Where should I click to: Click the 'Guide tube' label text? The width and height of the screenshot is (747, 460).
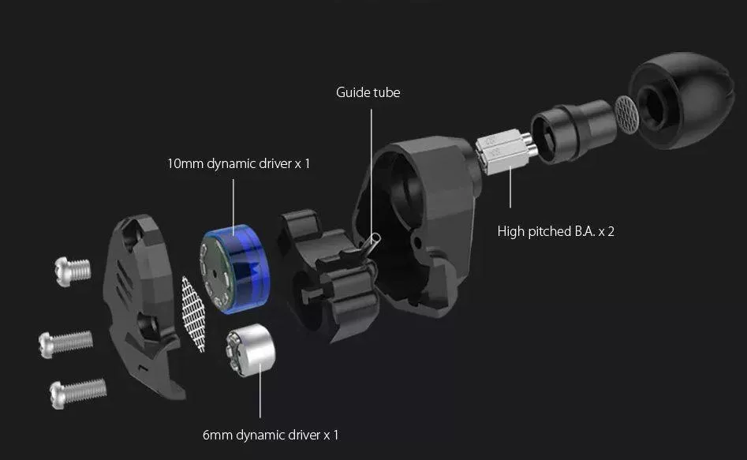tap(368, 92)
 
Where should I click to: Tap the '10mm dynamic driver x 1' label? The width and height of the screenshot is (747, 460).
tap(238, 163)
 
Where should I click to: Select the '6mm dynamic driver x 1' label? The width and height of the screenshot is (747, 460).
tap(270, 435)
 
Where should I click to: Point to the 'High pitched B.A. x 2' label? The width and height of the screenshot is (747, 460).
tap(555, 231)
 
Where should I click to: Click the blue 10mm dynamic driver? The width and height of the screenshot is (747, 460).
tap(235, 269)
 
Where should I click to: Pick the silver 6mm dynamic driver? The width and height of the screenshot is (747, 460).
tap(251, 350)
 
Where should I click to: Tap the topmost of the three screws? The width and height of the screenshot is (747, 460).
tap(73, 271)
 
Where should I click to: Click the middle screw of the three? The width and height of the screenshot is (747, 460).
tap(65, 344)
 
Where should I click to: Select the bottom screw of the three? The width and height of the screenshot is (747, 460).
tap(77, 393)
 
